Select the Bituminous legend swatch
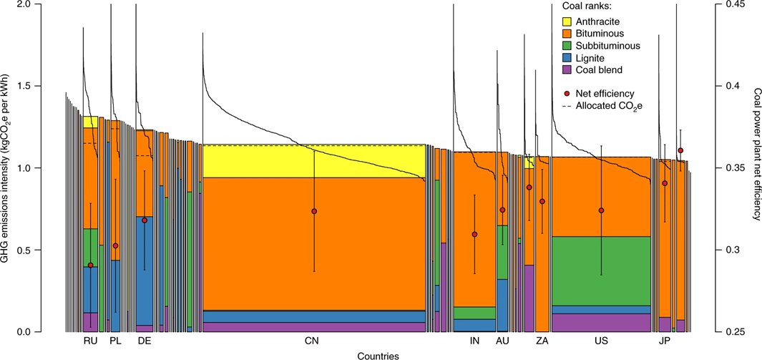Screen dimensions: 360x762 tap(567, 34)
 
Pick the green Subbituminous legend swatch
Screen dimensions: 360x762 tap(567, 46)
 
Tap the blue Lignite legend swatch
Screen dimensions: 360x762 tap(567, 58)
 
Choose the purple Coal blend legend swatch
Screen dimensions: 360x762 tap(567, 70)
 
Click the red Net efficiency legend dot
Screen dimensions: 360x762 tap(567, 93)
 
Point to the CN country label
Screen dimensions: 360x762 tap(311, 341)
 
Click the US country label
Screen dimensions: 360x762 tap(601, 341)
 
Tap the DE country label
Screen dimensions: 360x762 tap(145, 341)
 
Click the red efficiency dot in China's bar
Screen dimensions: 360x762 tap(314, 211)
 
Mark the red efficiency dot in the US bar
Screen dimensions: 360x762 tap(601, 210)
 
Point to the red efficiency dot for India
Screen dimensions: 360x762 tap(474, 234)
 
